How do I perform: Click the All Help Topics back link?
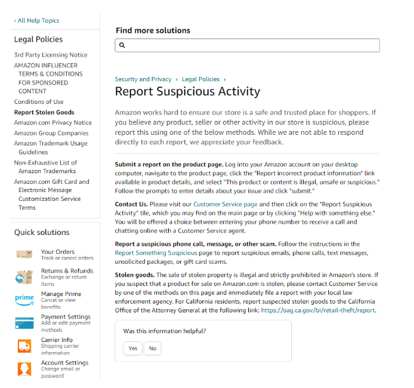(37, 21)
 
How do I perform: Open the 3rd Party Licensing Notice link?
(50, 55)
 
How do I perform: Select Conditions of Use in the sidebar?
(38, 102)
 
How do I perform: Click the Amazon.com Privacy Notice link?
(52, 123)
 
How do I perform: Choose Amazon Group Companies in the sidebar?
(51, 134)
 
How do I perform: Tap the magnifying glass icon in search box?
(122, 45)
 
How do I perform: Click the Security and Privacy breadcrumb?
(143, 79)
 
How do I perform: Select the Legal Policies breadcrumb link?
(200, 79)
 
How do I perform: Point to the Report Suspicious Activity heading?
(187, 92)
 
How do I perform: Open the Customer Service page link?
(225, 205)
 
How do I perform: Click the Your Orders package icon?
(24, 254)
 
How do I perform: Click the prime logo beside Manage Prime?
(24, 298)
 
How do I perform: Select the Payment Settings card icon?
(24, 322)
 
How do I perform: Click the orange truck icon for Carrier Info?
(24, 346)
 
